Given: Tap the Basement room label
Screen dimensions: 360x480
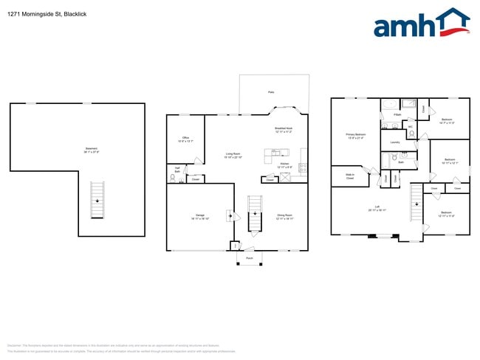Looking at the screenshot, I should pos(92,150).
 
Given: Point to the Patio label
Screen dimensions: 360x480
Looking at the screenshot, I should pos(271,92).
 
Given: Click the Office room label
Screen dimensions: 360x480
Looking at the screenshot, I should pos(185,139).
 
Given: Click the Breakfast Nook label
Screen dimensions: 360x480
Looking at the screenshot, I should pos(284,128).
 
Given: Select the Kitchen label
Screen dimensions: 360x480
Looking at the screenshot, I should pos(284,165).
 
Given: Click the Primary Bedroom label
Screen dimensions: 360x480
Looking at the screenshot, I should pos(356,136).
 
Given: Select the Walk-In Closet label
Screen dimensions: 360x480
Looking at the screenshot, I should pos(350,177).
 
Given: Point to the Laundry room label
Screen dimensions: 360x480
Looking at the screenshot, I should pos(394,142).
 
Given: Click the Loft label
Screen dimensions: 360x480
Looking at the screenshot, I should pos(377,207).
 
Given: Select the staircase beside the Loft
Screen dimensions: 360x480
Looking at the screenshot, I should pos(416,198).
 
